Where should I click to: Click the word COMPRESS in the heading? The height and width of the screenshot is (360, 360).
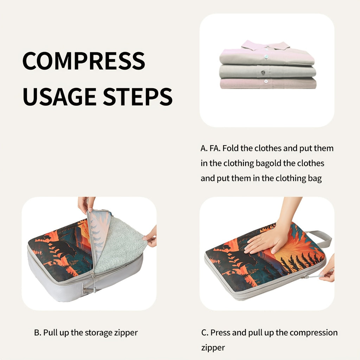[x=84, y=61]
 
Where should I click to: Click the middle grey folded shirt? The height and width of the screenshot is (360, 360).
[x=267, y=72]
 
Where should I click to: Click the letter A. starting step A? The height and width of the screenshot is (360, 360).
[x=204, y=148]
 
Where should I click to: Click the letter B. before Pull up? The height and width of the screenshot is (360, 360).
[x=38, y=333]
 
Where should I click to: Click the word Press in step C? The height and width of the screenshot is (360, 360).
[x=220, y=333]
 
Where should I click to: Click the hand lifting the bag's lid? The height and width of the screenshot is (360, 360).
[x=85, y=204]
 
